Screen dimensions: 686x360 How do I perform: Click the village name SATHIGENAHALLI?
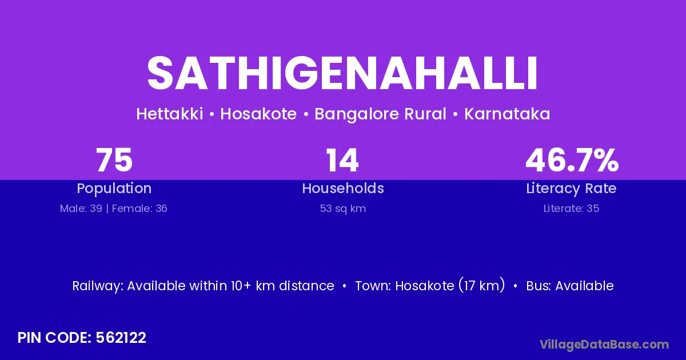[342, 73]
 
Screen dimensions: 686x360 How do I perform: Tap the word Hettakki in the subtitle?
[170, 114]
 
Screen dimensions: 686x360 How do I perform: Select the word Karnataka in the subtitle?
[507, 114]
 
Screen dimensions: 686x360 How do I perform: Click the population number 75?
[114, 160]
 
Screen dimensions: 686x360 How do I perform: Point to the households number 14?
[342, 160]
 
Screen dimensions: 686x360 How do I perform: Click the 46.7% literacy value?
[572, 160]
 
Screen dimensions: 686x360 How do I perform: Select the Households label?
[343, 188]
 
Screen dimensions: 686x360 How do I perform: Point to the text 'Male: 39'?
[81, 209]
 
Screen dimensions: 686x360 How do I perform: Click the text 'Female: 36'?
[139, 209]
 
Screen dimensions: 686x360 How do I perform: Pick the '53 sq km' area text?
[343, 209]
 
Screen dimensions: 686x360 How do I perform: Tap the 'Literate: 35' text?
[571, 209]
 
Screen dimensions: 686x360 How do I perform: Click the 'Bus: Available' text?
[570, 286]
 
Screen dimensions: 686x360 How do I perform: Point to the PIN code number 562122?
[121, 338]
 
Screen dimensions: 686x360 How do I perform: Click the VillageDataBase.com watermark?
[604, 345]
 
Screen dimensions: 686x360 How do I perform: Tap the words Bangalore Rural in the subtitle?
[380, 114]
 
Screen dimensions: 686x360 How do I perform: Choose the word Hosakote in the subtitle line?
[258, 114]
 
